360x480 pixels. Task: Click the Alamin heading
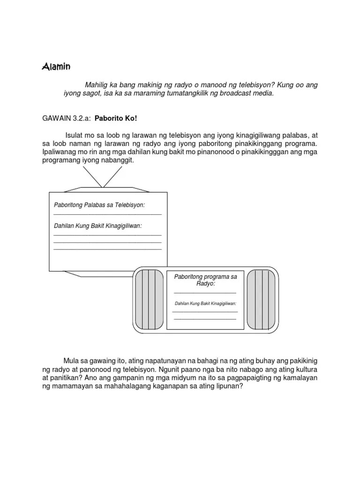pyautogui.click(x=56, y=67)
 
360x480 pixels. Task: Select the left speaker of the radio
pyautogui.click(x=149, y=300)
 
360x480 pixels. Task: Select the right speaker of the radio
pyautogui.click(x=261, y=300)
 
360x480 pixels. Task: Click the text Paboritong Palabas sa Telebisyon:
pyautogui.click(x=99, y=205)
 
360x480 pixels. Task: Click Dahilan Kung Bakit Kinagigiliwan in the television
pyautogui.click(x=98, y=226)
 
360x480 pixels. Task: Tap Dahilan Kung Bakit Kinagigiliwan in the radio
pyautogui.click(x=205, y=304)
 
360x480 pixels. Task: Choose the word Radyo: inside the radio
pyautogui.click(x=205, y=284)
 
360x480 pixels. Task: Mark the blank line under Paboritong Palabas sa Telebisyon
pyautogui.click(x=107, y=214)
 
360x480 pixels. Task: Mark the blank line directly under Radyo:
pyautogui.click(x=205, y=292)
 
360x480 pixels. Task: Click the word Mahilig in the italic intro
pyautogui.click(x=96, y=85)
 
